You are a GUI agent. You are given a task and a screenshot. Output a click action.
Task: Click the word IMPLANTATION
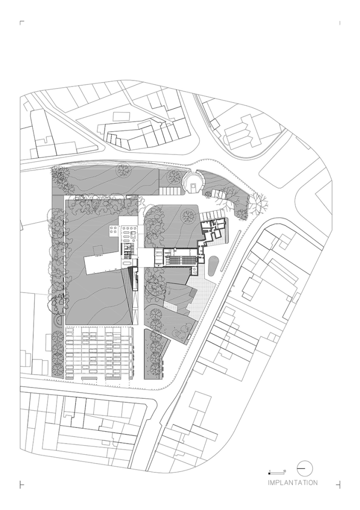click(x=292, y=483)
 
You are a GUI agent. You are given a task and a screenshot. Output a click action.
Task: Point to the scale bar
click(x=277, y=472)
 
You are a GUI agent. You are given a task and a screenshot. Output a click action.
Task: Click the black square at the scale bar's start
click(x=269, y=473)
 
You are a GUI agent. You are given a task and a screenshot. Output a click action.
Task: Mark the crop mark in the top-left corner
click(x=21, y=22)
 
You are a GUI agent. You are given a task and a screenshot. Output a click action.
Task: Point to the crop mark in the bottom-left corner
click(x=21, y=485)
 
